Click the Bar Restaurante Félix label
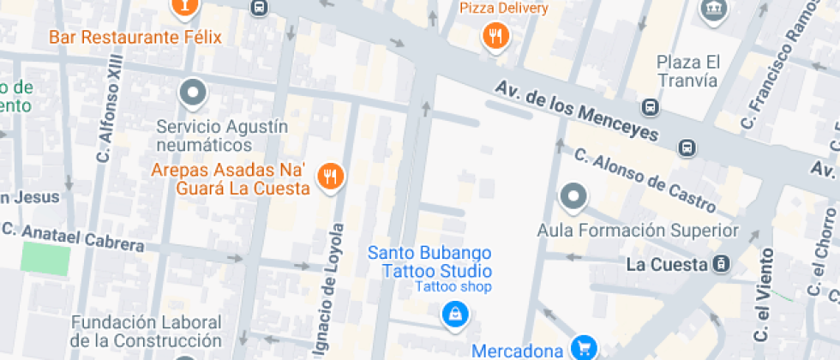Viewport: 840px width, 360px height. (135, 38)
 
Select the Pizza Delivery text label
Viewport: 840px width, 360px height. (504, 9)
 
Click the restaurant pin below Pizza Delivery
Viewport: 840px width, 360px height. (495, 36)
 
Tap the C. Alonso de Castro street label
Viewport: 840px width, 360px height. (645, 180)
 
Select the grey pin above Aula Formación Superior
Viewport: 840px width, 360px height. (573, 196)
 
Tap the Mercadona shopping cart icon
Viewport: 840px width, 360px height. (585, 347)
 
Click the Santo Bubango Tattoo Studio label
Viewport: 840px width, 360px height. (429, 261)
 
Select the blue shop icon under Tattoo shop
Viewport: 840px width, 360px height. (453, 314)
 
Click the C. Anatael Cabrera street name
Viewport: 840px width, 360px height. (74, 237)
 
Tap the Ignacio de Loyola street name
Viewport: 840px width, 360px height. (338, 283)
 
